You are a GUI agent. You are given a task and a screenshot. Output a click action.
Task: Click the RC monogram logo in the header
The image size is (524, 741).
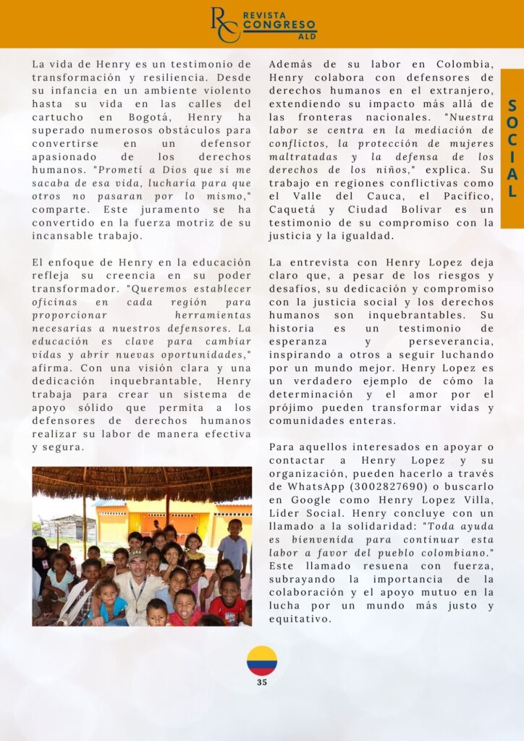tap(224, 25)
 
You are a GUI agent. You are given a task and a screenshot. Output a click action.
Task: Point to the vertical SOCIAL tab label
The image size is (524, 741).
tap(512, 148)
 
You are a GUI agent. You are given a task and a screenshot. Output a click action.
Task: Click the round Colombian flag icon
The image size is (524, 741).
tap(261, 661)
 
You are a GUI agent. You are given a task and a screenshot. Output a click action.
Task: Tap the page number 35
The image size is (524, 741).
tap(262, 682)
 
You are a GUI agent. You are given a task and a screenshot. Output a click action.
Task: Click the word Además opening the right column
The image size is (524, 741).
tap(291, 64)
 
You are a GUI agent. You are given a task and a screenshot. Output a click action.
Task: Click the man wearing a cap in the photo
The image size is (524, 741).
tap(138, 579)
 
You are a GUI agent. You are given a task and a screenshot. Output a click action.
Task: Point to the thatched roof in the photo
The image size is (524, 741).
tap(142, 483)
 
